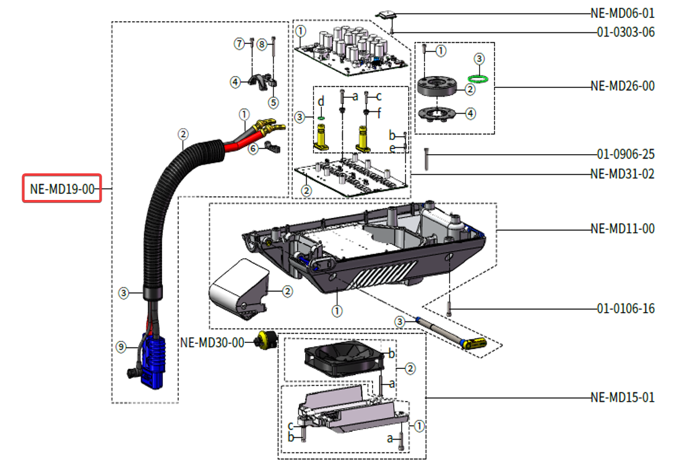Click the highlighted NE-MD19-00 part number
(61, 188)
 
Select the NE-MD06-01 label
(621, 13)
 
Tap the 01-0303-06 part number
(625, 32)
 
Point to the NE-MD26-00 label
(621, 86)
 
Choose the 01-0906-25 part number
(625, 154)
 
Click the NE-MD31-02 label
(621, 174)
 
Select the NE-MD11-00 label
(621, 229)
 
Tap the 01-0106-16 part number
(625, 308)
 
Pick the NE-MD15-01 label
(621, 397)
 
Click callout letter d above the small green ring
(321, 100)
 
